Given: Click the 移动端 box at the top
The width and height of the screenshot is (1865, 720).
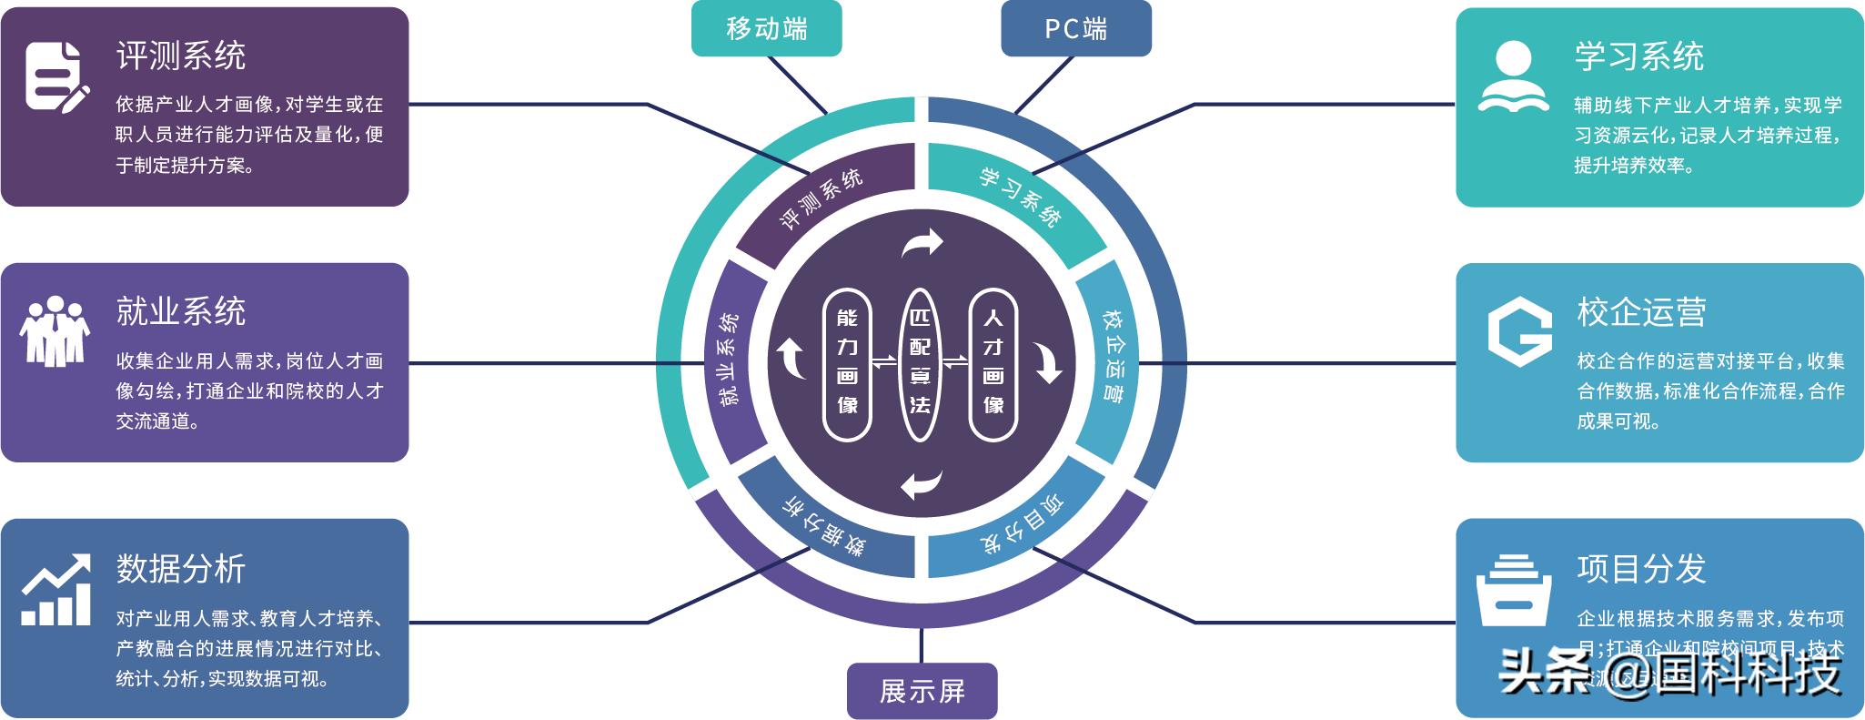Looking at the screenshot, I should click(x=766, y=28).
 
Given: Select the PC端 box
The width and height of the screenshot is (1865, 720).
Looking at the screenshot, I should click(x=1075, y=28).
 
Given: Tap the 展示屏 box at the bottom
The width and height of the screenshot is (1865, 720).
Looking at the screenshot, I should click(x=922, y=691).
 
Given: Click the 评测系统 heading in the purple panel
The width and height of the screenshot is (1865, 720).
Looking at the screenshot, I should click(x=181, y=56).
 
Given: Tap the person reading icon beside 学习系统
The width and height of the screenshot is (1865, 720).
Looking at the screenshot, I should click(x=1513, y=76).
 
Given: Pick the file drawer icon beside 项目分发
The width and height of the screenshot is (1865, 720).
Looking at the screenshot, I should click(x=1513, y=590).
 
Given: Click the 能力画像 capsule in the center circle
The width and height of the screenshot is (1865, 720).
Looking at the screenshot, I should click(x=847, y=363).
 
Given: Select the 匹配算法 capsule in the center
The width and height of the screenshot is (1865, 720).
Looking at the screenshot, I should click(x=920, y=363).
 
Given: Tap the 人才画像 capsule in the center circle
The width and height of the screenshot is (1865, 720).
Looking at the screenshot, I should click(x=993, y=363).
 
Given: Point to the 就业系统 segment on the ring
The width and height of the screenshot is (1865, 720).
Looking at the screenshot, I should click(x=731, y=360).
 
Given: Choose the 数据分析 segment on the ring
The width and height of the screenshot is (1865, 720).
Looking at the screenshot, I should click(x=823, y=525).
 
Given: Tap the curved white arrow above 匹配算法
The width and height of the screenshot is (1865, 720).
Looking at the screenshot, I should click(x=921, y=243).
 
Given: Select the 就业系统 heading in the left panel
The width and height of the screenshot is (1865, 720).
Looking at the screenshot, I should click(x=181, y=312).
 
